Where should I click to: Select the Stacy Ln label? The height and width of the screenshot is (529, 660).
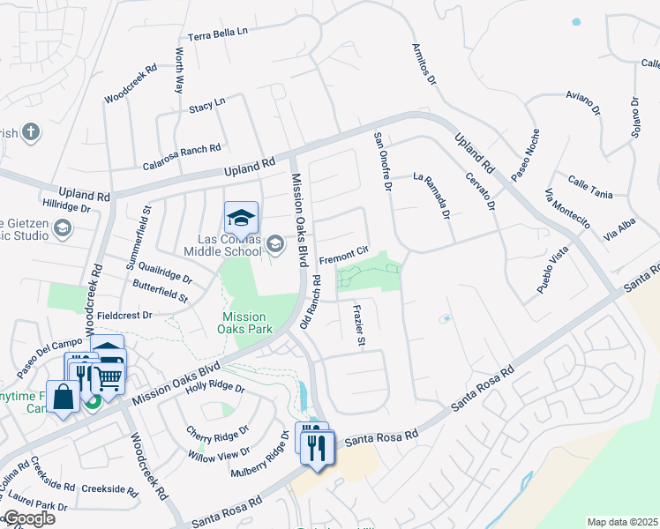click(206, 106)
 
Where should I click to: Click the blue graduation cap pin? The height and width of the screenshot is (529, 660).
click(240, 217)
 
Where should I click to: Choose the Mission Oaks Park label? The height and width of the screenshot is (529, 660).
click(244, 324)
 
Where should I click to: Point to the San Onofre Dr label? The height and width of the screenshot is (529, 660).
click(381, 161)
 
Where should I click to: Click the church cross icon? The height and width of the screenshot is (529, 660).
click(31, 133)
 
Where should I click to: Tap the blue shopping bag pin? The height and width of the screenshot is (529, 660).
click(64, 397)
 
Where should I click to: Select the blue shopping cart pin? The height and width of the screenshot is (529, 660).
click(108, 376)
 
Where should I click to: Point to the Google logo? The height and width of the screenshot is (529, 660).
click(28, 518)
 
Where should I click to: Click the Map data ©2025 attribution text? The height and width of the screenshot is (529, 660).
click(621, 522)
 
